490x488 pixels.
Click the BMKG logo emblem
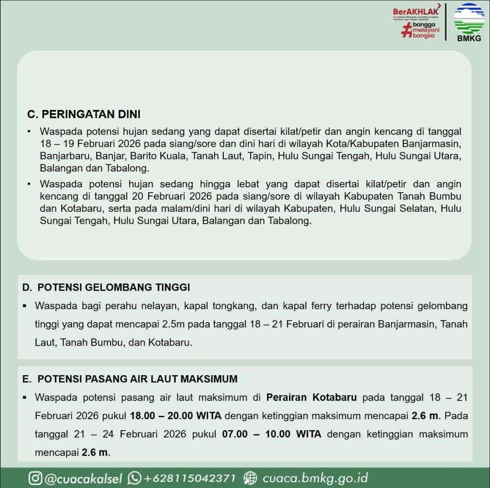click(x=468, y=18)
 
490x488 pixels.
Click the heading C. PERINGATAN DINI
click(x=84, y=115)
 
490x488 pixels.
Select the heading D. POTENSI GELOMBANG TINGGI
click(x=106, y=287)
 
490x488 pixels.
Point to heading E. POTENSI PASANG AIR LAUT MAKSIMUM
click(x=130, y=379)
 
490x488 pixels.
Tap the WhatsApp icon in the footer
click(x=134, y=478)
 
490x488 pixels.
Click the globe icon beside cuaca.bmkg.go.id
click(x=250, y=478)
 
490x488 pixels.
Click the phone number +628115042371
click(x=189, y=478)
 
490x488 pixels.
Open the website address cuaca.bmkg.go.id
click(x=315, y=478)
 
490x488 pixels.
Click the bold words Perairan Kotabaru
click(x=312, y=398)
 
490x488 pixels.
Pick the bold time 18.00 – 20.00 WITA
click(x=176, y=416)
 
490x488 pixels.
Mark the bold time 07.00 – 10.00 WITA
click(x=272, y=434)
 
